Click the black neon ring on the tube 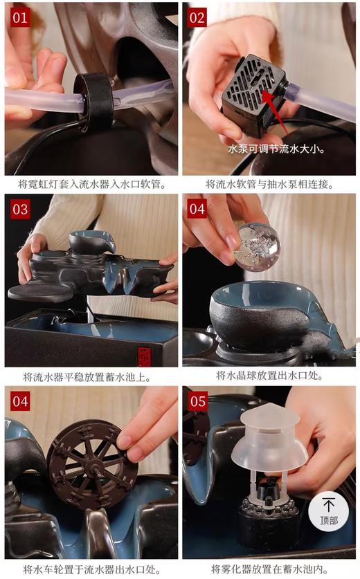click(93, 101)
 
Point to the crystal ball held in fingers click(258, 246)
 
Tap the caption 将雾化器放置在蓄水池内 click(269, 569)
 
